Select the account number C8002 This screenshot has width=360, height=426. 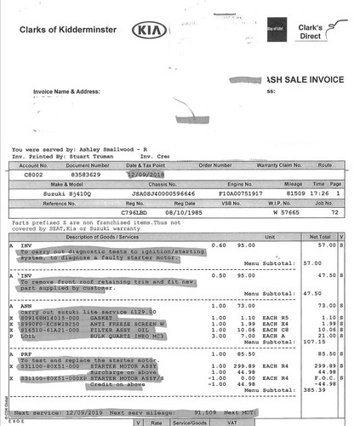pos(30,174)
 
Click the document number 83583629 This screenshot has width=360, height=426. pos(83,174)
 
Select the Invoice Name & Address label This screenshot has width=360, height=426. pos(66,89)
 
